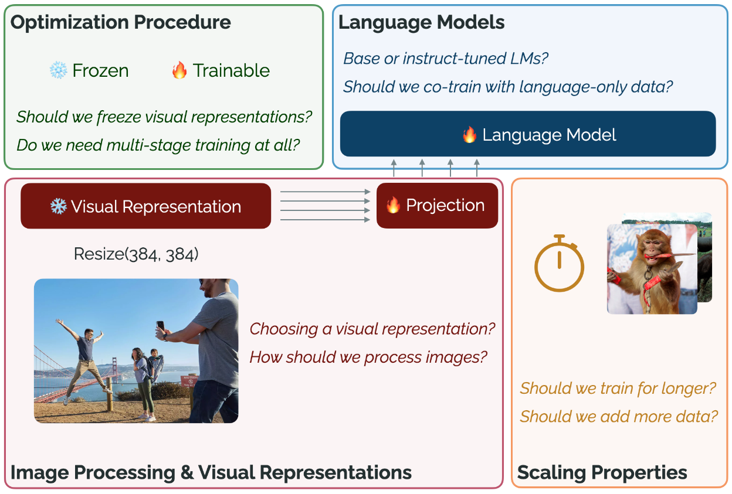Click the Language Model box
pyautogui.click(x=528, y=134)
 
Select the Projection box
pyautogui.click(x=437, y=206)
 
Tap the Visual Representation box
pyautogui.click(x=145, y=206)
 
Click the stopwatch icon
pyautogui.click(x=559, y=264)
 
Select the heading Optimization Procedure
pyautogui.click(x=121, y=23)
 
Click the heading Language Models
pyautogui.click(x=422, y=23)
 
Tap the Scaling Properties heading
pyautogui.click(x=602, y=472)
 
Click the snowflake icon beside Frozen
pyautogui.click(x=58, y=71)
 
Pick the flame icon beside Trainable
pyautogui.click(x=179, y=71)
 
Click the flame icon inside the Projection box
pyautogui.click(x=393, y=206)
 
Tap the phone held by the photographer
pyautogui.click(x=160, y=325)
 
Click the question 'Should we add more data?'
pyautogui.click(x=619, y=417)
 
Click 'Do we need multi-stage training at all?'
pyautogui.click(x=158, y=145)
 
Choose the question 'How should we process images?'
pyautogui.click(x=368, y=356)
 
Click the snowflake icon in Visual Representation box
pyautogui.click(x=58, y=206)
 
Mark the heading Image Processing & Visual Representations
pyautogui.click(x=211, y=472)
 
